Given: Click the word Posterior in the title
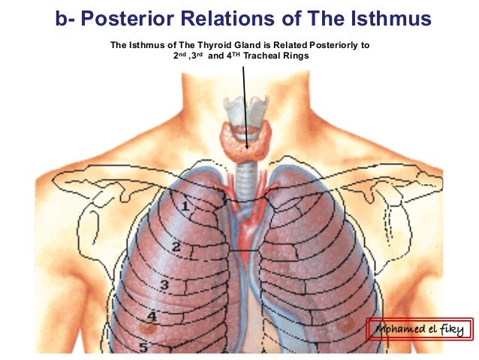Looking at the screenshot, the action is tap(134, 17).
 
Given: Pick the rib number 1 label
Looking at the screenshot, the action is tap(185, 204).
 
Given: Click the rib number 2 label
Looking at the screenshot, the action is tap(176, 247).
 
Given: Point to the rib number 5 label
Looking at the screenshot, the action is tap(143, 347).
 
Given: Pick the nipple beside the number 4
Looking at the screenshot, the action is tap(148, 328).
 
